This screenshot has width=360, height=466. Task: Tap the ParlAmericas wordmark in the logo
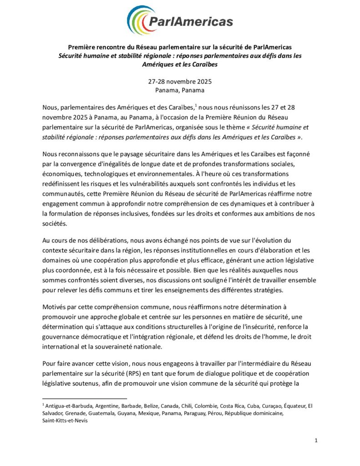coord(191,21)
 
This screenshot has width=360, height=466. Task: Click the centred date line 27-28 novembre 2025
coord(180,82)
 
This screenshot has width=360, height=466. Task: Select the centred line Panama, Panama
coord(180,90)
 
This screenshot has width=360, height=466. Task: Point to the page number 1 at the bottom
coord(316,441)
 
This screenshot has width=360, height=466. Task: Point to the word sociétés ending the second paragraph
coord(56,224)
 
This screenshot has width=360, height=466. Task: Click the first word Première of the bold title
coord(82,47)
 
